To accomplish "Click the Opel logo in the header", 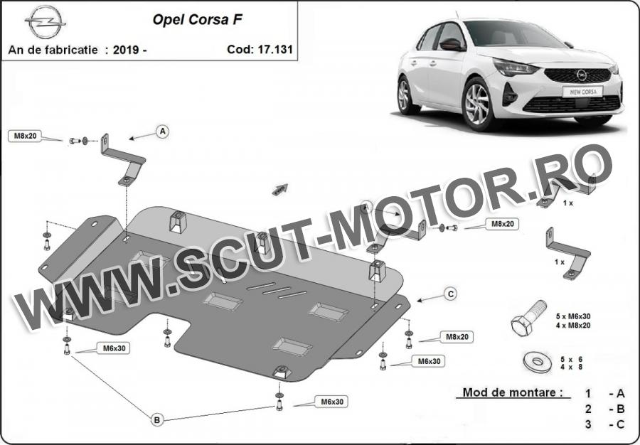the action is pyautogui.click(x=46, y=21).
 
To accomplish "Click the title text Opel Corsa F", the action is pyautogui.click(x=198, y=20).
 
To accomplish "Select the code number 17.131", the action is pyautogui.click(x=275, y=49).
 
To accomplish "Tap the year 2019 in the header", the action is pyautogui.click(x=126, y=50).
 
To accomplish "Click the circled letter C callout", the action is pyautogui.click(x=451, y=294).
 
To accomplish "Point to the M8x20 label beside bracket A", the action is pyautogui.click(x=26, y=136).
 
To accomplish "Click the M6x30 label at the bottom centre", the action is pyautogui.click(x=332, y=402).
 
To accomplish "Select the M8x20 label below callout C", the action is pyautogui.click(x=457, y=337).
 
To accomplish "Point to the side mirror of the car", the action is pyautogui.click(x=452, y=43).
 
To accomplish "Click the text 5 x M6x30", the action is pyautogui.click(x=573, y=316).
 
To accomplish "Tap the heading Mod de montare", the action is pyautogui.click(x=510, y=392).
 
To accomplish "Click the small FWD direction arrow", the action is pyautogui.click(x=280, y=190).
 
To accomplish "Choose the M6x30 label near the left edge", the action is pyautogui.click(x=114, y=348).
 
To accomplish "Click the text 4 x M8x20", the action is pyautogui.click(x=573, y=325).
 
